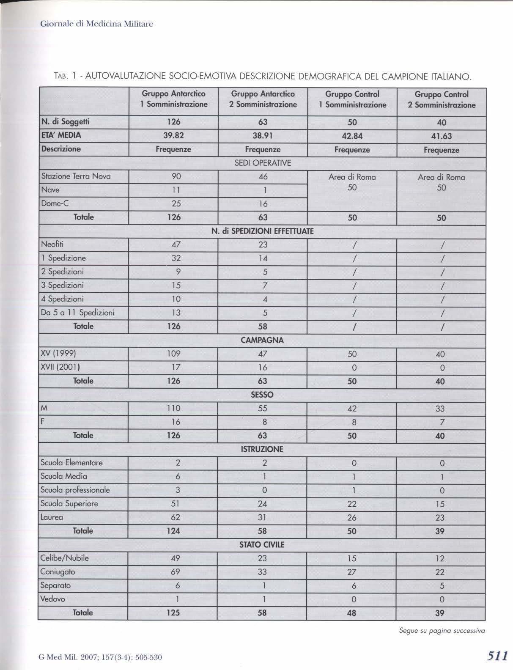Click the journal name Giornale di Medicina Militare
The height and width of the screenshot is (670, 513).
[96, 24]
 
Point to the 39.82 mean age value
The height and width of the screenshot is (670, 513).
[173, 135]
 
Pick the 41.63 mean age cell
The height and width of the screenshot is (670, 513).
[441, 136]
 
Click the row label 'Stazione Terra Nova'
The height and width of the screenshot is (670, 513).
[76, 176]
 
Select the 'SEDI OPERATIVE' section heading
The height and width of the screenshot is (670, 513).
[262, 163]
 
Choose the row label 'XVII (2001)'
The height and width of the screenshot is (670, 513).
[60, 367]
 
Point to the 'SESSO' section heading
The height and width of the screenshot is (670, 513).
[262, 395]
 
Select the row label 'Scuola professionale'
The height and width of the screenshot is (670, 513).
[75, 490]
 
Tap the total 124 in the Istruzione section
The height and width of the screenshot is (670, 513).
[173, 530]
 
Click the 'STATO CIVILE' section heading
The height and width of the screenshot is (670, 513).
[262, 544]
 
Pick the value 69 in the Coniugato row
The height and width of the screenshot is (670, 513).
[176, 572]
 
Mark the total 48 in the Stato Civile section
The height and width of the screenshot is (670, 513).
[352, 612]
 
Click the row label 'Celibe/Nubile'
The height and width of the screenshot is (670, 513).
[64, 558]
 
